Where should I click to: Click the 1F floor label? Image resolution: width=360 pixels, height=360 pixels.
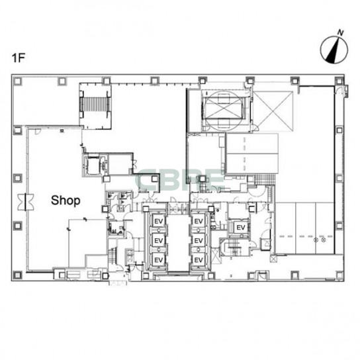coord(18,58)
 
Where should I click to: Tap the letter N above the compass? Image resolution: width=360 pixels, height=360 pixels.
coord(340,32)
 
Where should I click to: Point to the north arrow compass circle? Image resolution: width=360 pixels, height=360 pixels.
coord(334,50)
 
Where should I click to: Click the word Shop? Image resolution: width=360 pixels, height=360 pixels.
coord(66,201)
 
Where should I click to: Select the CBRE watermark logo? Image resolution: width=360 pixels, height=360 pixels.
coord(180,180)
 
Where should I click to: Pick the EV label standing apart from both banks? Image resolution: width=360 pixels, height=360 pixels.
coord(241,228)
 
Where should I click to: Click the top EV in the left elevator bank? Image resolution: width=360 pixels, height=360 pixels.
coord(159,221)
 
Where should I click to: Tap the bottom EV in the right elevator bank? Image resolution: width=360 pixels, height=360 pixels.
coord(199,260)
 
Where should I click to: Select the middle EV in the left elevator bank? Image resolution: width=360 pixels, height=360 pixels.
coord(159,241)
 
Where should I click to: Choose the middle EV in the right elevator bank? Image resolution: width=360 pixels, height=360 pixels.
coord(199,241)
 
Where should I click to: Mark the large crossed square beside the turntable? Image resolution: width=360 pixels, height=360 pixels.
coord(273,111)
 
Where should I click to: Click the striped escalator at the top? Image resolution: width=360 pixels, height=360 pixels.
coord(95,105)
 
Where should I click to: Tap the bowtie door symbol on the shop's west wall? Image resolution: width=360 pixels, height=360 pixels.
coord(26,202)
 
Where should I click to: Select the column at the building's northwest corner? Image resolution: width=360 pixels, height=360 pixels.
coord(18,81)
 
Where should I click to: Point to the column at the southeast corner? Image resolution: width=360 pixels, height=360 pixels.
coord(339,275)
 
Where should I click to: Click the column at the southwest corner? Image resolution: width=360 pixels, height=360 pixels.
coord(18,275)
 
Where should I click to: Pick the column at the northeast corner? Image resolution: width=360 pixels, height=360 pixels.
coord(339,81)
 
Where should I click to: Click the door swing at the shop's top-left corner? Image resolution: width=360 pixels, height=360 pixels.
coord(38,131)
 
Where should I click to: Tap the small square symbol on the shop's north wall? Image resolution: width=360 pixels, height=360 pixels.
coord(62,130)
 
